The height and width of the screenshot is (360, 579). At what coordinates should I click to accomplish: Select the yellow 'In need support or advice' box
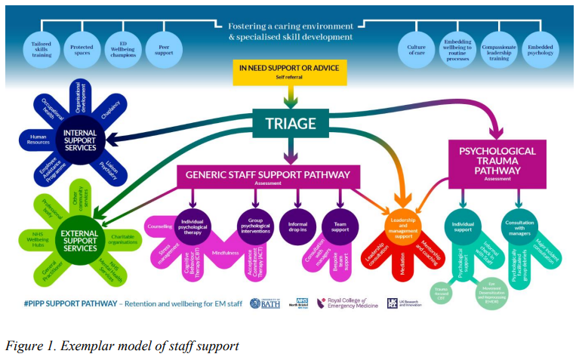pos(290,72)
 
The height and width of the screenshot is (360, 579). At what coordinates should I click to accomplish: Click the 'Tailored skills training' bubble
pos(42,48)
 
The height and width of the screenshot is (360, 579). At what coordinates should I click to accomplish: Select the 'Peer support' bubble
pos(164,48)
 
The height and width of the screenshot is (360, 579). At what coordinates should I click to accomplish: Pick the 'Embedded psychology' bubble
pos(540,48)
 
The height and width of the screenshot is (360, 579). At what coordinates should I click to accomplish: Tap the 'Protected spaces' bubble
pos(82,48)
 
